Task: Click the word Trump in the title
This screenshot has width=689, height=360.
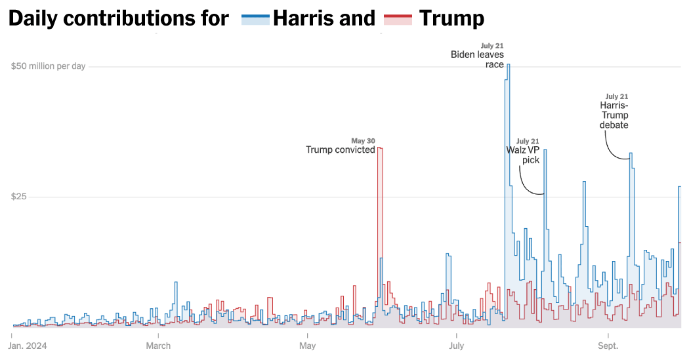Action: (x=451, y=18)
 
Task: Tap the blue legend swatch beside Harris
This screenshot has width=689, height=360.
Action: (x=255, y=19)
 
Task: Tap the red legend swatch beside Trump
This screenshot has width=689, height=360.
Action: (x=397, y=19)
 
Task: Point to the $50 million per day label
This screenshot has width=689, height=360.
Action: (x=48, y=66)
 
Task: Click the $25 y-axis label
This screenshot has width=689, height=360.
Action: (x=19, y=197)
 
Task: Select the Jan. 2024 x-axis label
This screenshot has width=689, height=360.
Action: (x=29, y=346)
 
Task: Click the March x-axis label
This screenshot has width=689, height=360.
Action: (x=158, y=346)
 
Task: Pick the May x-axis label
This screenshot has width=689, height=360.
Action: (x=307, y=346)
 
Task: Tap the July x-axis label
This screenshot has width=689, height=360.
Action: (x=456, y=346)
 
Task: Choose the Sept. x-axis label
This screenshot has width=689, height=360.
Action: (x=608, y=346)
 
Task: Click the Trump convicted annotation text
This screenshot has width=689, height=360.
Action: (x=340, y=150)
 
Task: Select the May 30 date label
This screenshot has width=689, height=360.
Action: (x=363, y=140)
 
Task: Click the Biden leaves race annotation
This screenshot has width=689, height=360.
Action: (x=477, y=60)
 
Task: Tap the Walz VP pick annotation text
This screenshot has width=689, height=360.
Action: (x=522, y=155)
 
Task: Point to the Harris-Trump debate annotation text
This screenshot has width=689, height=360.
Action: (x=614, y=115)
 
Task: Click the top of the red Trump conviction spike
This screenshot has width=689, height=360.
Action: (x=380, y=148)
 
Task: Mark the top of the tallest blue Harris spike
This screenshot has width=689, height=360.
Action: (x=508, y=64)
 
